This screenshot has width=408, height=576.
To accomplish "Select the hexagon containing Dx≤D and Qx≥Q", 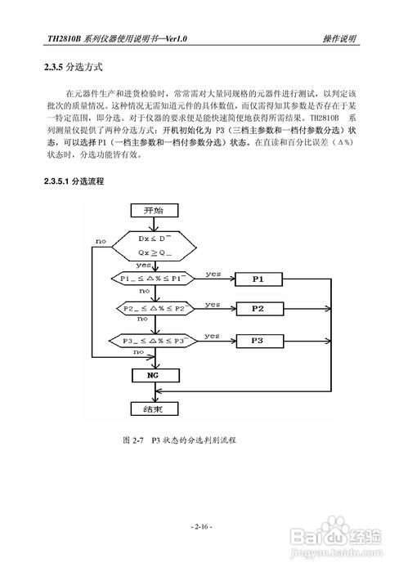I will click(x=154, y=246).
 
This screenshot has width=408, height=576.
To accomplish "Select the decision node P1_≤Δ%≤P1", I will click(x=154, y=279).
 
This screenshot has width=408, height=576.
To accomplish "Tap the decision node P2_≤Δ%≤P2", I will click(x=154, y=310).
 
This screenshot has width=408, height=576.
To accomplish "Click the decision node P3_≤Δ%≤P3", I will click(x=154, y=340).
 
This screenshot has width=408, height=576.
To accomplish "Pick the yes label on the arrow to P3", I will click(x=213, y=335).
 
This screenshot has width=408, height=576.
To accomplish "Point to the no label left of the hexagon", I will click(x=101, y=242).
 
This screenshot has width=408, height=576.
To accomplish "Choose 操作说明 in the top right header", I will click(x=338, y=38).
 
